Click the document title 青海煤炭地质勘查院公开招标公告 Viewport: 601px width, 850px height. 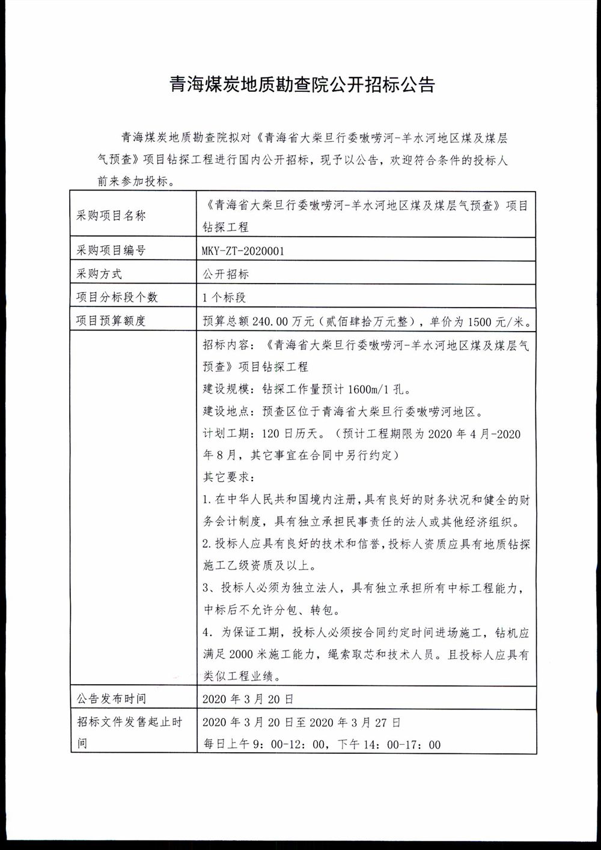point(302,84)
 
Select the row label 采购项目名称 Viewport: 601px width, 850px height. point(111,216)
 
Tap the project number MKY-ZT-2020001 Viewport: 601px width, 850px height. point(243,250)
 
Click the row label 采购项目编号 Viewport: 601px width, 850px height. point(111,250)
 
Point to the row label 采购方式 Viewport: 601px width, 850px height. point(99,274)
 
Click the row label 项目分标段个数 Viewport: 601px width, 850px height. point(117,297)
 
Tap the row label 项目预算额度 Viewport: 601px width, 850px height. point(111,321)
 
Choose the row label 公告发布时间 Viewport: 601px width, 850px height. point(111,699)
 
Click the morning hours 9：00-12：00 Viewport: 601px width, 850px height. point(285,745)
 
